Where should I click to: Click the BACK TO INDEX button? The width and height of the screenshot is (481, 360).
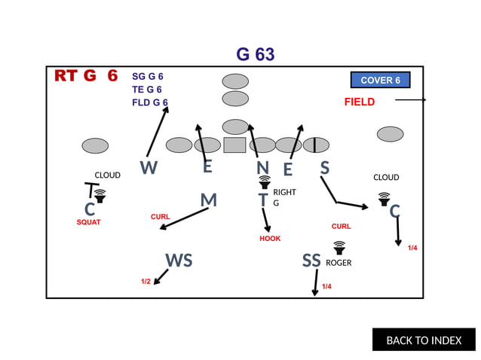[424, 340]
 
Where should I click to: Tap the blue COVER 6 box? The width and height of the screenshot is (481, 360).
[380, 80]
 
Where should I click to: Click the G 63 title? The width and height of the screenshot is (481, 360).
[256, 54]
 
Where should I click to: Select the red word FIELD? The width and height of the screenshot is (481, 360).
[360, 102]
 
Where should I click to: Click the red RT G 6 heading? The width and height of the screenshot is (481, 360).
[86, 76]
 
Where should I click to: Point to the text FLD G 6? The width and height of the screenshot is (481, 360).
[149, 102]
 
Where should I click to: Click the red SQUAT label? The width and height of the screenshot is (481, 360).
[88, 222]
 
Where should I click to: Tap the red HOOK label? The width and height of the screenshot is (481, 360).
[270, 239]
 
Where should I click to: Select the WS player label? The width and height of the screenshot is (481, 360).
[179, 261]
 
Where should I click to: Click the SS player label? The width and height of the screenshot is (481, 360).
[311, 261]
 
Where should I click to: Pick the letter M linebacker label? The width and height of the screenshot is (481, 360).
[208, 200]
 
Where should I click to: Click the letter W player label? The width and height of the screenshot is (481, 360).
[149, 167]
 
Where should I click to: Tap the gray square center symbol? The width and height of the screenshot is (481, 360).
[235, 145]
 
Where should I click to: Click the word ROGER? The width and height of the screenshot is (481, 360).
[339, 263]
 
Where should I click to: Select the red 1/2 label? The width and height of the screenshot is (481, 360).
[146, 281]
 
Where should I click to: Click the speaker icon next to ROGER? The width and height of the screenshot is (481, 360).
[339, 247]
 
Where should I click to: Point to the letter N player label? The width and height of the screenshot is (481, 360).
[262, 167]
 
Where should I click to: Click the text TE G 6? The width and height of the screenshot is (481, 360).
[146, 90]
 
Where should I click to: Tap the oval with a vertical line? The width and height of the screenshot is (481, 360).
[314, 145]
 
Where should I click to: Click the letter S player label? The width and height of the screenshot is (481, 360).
[324, 167]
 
